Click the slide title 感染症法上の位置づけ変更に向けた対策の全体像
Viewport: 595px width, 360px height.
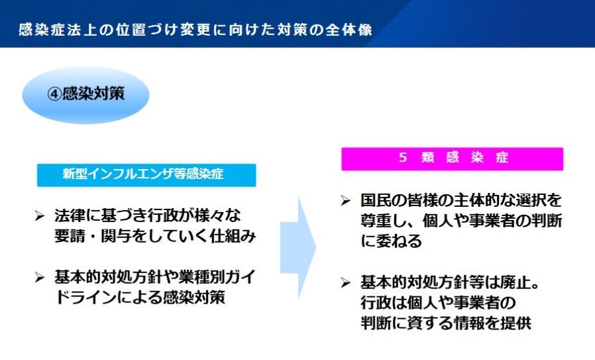click(x=195, y=30)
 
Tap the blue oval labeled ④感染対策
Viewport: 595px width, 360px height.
click(x=85, y=95)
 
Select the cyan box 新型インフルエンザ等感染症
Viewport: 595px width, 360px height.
click(x=146, y=175)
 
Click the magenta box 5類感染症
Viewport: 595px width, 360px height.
click(x=453, y=158)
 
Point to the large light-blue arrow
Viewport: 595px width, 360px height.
click(x=298, y=247)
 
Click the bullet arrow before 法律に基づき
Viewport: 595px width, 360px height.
click(x=40, y=216)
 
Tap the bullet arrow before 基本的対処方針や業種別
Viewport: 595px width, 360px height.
click(x=40, y=278)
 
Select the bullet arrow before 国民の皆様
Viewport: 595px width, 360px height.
click(x=345, y=200)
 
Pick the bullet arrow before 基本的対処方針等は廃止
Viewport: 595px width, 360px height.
click(x=345, y=282)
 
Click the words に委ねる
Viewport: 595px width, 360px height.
click(x=391, y=241)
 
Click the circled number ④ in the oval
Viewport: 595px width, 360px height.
click(x=54, y=93)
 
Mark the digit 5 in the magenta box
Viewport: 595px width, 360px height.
click(x=403, y=158)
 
